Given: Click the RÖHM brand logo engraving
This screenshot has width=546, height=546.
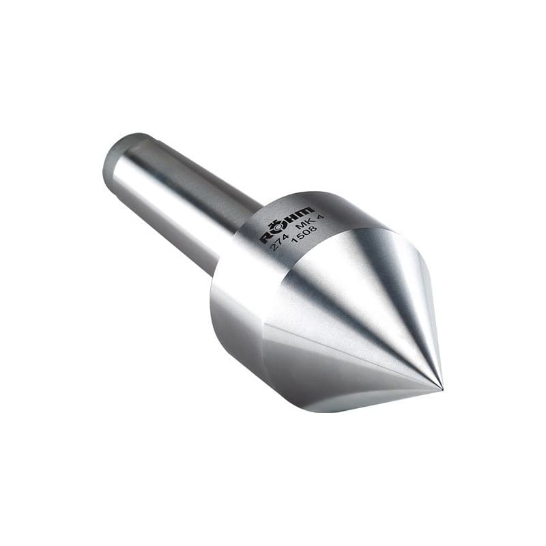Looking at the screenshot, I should coord(286,223).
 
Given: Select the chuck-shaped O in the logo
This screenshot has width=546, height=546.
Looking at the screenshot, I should coord(277,228).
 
